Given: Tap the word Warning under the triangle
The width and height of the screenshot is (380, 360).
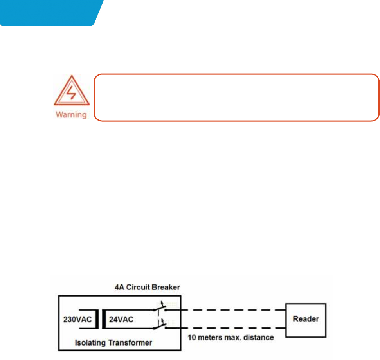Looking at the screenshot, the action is [72, 115].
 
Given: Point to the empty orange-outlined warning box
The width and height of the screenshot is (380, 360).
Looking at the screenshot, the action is [237, 97].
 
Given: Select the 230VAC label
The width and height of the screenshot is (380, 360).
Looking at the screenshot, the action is [77, 319].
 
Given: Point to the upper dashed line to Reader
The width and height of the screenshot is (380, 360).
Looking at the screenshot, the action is [225, 309].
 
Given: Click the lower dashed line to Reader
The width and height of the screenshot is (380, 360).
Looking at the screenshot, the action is [225, 328].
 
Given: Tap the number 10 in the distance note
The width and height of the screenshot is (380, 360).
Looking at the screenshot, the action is [191, 336].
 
